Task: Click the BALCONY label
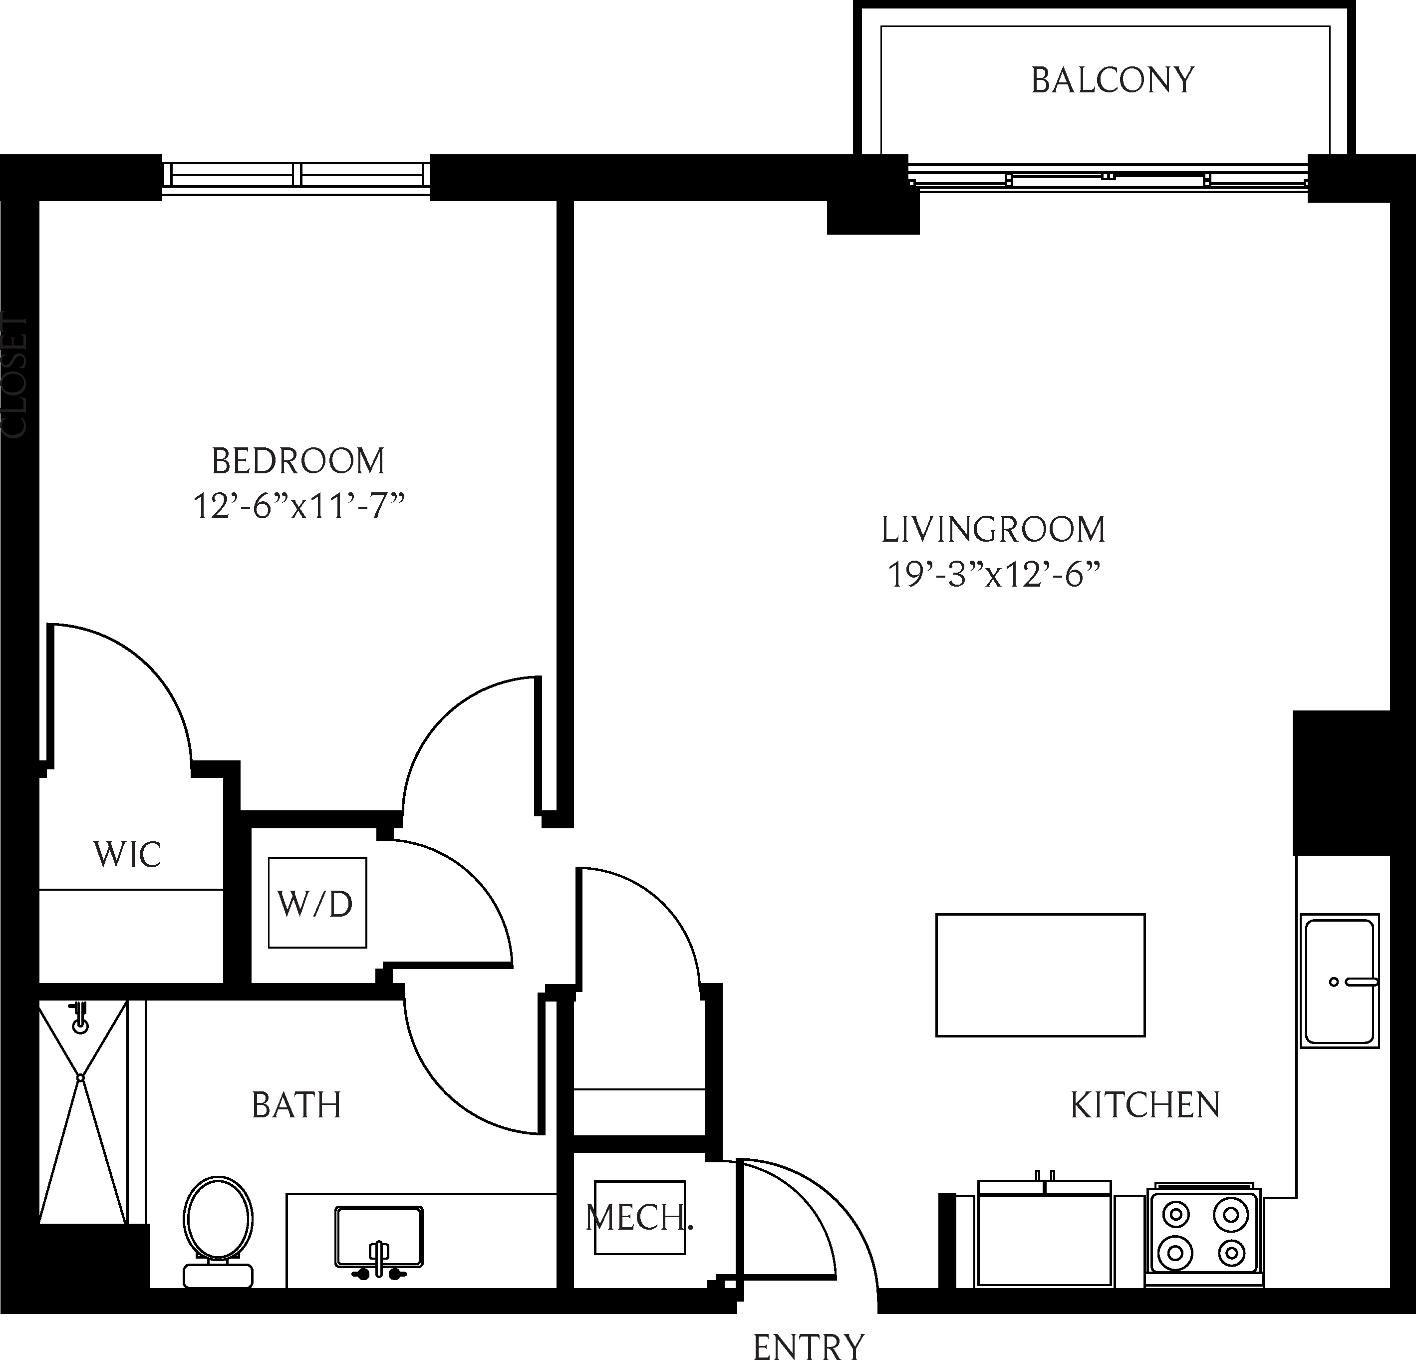coord(1112,80)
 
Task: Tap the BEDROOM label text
coord(297,461)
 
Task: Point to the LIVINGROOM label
coord(993,530)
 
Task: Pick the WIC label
coord(127,855)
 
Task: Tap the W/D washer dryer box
coord(316,903)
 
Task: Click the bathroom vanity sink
coord(378,1236)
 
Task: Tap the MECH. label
coord(639,1218)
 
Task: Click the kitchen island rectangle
coord(1040,975)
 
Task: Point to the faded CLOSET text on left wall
coord(14,376)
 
